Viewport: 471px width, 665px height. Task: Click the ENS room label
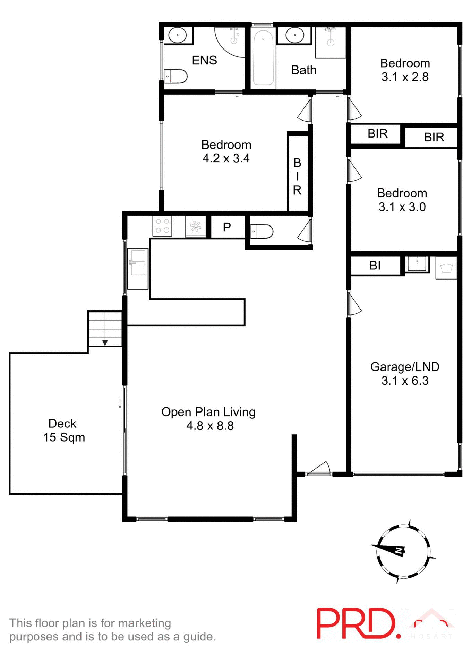tap(204, 60)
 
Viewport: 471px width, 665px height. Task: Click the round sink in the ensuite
tap(178, 35)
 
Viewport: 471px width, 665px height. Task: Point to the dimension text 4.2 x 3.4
tap(226, 159)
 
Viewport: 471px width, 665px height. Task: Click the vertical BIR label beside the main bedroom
tap(297, 176)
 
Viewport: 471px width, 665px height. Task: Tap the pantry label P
tap(227, 227)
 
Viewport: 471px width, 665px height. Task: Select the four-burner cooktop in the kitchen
tap(162, 226)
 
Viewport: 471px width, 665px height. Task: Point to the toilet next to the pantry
tap(262, 231)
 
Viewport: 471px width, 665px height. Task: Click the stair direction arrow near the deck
tap(105, 343)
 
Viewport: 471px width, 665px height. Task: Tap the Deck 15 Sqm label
tap(64, 430)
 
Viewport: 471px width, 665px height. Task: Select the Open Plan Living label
tap(208, 412)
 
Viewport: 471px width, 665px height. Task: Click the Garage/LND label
tap(405, 367)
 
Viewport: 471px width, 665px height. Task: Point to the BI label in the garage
tap(375, 266)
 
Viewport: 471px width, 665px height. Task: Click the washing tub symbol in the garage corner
tap(446, 268)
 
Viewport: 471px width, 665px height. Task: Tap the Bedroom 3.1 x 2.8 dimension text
tap(405, 77)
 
